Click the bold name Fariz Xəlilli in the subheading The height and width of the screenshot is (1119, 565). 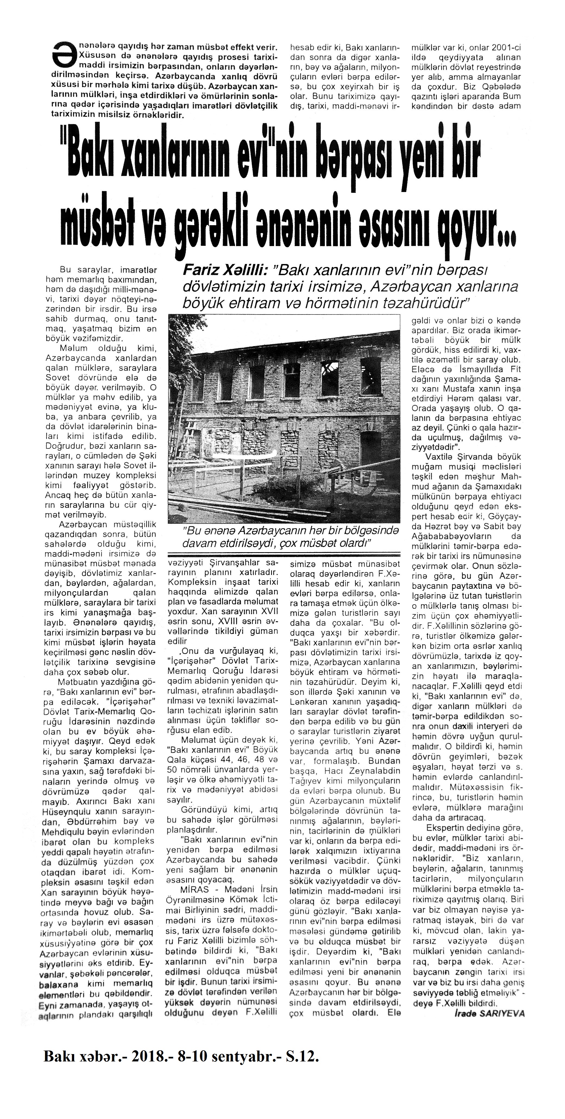[225, 271]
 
